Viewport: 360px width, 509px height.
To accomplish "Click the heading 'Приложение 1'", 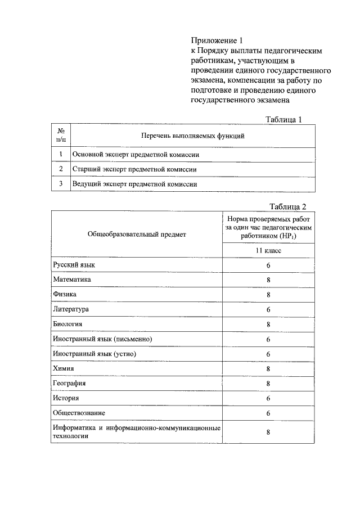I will click(217, 40).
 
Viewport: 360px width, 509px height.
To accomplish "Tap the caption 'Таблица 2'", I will click(287, 205).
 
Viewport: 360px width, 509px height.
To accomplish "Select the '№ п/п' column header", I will click(60, 136).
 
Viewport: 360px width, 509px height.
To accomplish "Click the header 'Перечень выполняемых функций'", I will click(192, 136).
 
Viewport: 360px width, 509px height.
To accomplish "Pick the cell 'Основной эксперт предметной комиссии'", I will click(136, 154).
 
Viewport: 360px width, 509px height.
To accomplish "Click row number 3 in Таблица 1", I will click(60, 184).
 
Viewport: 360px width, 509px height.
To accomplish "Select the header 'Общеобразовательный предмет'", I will click(136, 234).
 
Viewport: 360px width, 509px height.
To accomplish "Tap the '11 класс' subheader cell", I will click(268, 251).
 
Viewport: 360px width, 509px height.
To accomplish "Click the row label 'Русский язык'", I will click(70, 264).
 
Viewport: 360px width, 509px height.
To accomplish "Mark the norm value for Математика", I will click(268, 280).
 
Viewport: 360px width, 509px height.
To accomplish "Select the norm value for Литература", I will click(268, 309).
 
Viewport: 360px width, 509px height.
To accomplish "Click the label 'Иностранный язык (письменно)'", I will click(102, 339).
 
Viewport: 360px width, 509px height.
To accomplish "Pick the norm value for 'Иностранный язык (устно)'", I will click(268, 354).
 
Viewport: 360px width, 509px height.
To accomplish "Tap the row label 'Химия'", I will click(64, 368).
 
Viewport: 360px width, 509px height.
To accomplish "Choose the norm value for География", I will click(268, 384).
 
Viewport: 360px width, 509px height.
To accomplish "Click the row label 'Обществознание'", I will click(79, 413).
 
